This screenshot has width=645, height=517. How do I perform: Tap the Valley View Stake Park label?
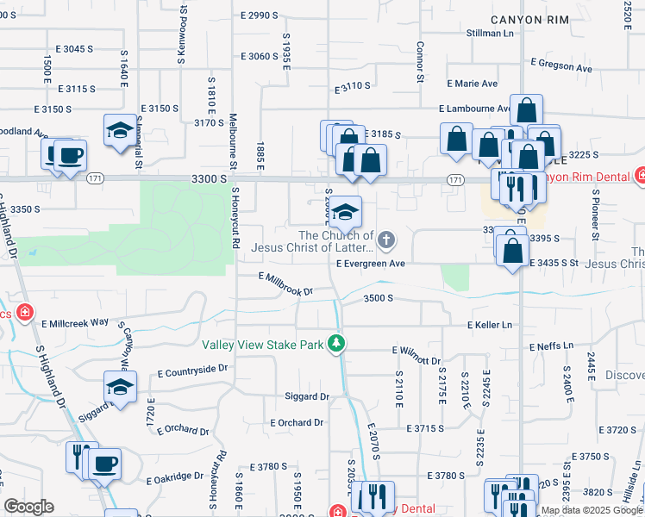tap(263, 345)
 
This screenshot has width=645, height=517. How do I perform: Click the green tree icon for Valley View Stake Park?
tap(335, 345)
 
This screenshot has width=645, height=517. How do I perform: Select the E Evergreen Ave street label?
tap(370, 264)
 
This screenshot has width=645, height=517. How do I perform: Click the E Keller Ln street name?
tap(490, 325)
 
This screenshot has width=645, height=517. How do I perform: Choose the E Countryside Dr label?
tap(192, 370)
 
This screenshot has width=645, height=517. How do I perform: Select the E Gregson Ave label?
tap(561, 65)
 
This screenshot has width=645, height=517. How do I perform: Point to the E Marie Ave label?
tap(473, 84)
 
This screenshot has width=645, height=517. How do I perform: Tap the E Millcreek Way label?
tap(76, 321)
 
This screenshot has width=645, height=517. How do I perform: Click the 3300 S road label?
tap(210, 178)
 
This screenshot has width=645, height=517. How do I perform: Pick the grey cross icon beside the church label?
tap(387, 240)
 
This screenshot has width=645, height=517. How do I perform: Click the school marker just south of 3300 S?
tap(345, 210)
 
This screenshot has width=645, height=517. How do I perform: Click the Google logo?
tap(28, 507)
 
